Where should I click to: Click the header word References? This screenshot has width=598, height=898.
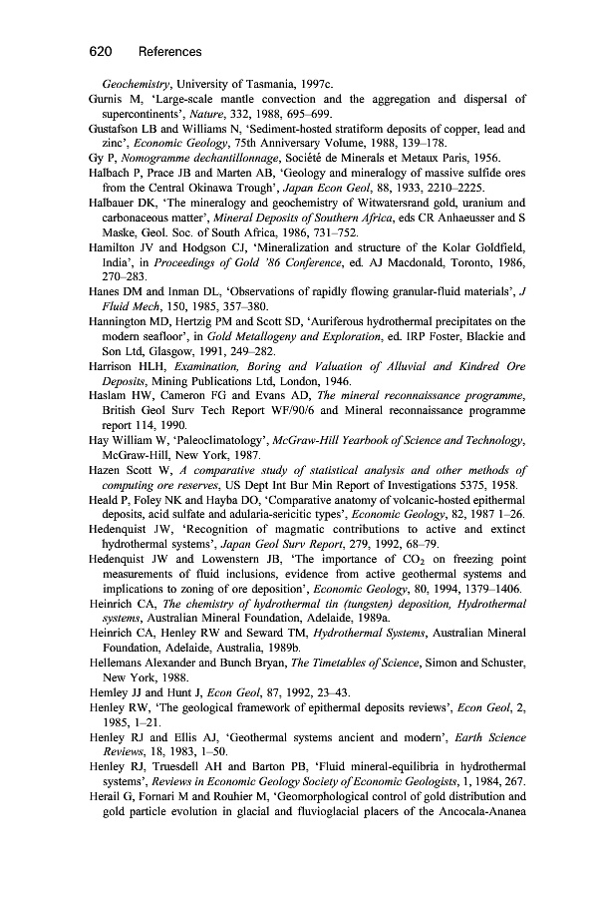(x=170, y=51)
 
